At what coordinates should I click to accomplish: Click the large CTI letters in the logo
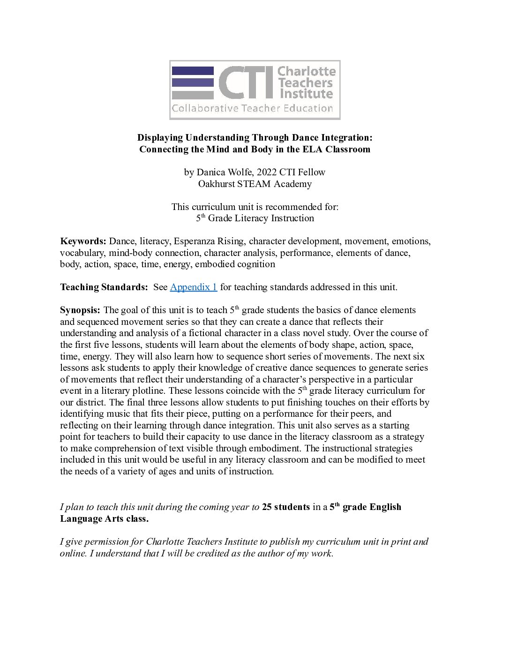click(x=245, y=82)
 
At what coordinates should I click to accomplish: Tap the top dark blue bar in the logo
click(x=193, y=71)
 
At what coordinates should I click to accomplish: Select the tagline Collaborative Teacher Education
click(x=252, y=108)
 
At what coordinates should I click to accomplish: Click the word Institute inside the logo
click(x=306, y=94)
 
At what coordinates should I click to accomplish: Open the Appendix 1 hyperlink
click(x=193, y=287)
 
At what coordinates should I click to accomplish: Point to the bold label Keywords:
click(x=83, y=241)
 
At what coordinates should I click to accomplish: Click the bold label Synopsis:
click(x=80, y=310)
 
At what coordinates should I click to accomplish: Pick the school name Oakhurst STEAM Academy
click(x=255, y=184)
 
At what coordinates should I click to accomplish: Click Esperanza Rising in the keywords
click(x=209, y=241)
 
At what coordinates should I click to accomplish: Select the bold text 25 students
click(x=285, y=507)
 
